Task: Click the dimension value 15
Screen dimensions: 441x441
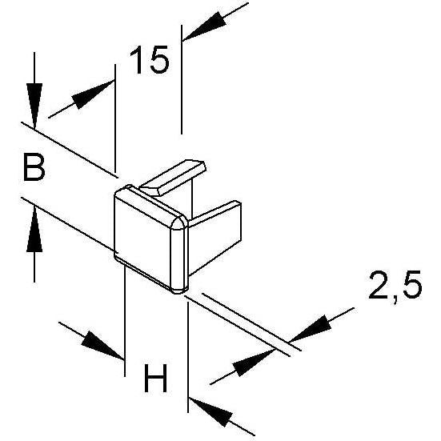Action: tap(149, 60)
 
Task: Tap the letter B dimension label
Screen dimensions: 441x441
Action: tap(34, 166)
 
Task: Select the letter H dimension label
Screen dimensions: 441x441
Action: tap(155, 378)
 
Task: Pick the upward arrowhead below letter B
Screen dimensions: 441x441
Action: tap(34, 228)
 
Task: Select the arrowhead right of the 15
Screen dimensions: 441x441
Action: tap(204, 27)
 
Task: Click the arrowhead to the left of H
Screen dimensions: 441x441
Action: tap(102, 345)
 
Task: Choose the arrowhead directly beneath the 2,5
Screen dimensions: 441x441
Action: tap(311, 329)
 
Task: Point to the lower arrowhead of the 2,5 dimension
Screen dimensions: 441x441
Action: tap(253, 363)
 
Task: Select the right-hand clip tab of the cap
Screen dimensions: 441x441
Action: tap(215, 238)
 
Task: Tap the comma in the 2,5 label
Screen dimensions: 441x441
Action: tap(395, 299)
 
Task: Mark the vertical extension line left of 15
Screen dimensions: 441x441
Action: tap(115, 118)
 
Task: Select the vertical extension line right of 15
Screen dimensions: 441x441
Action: tap(182, 79)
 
